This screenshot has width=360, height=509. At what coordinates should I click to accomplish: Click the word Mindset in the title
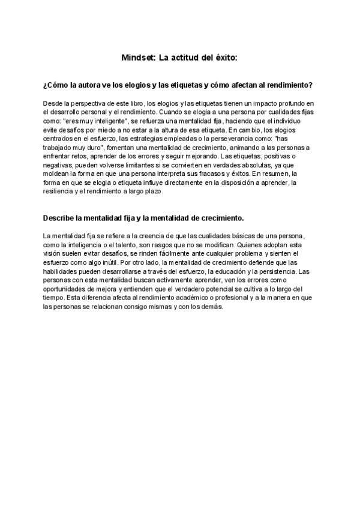137,58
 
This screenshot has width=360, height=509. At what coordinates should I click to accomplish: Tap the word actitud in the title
187,58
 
